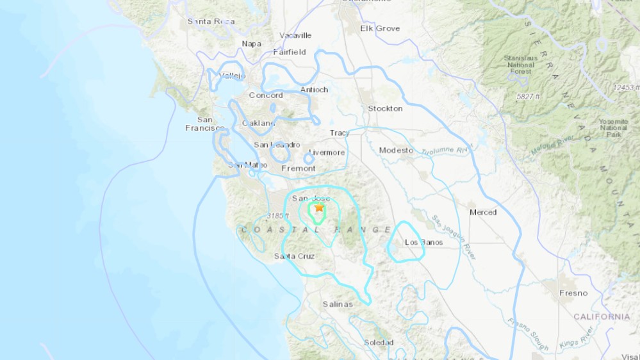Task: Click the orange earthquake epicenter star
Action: (319, 207)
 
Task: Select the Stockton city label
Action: (385, 108)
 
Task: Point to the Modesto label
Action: (397, 150)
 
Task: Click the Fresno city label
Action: (573, 293)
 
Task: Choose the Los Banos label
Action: (423, 242)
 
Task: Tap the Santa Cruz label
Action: (294, 256)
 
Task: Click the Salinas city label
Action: (338, 304)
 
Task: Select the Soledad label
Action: (379, 343)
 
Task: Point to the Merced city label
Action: (483, 212)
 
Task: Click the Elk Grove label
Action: (380, 28)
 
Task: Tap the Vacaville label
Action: (295, 35)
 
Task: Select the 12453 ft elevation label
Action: (625, 87)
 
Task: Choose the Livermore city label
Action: (327, 152)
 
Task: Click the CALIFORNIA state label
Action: (602, 316)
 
